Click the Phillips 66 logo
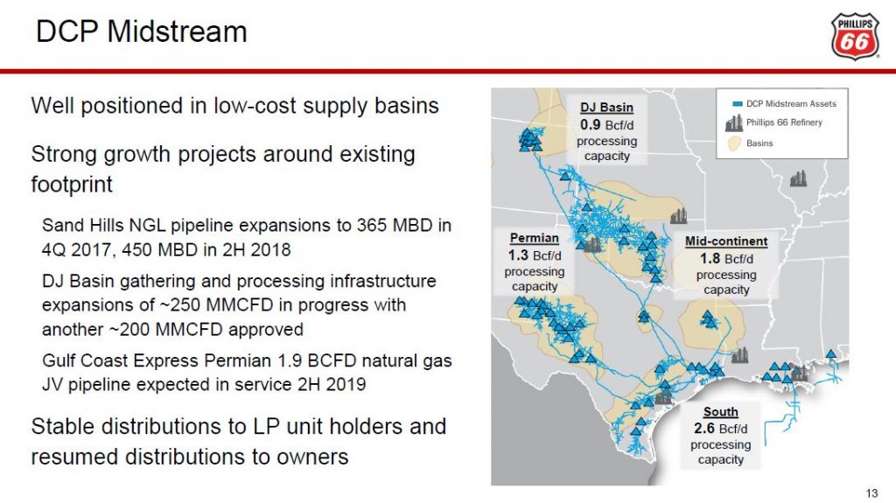[854, 35]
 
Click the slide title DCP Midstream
[142, 32]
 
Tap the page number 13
[871, 490]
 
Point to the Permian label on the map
[534, 238]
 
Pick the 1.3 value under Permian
[519, 255]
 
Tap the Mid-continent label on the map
[726, 241]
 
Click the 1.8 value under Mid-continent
[710, 258]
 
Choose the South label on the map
[720, 412]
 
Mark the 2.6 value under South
[704, 429]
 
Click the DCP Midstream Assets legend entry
[790, 103]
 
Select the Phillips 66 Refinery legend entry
[784, 122]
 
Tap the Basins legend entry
[759, 143]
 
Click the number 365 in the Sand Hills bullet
[344, 226]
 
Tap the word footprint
[72, 185]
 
